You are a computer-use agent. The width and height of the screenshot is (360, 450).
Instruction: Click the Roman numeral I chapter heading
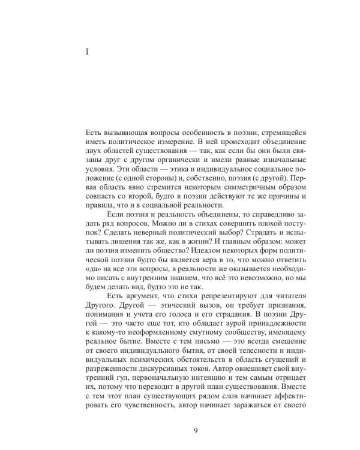[x=88, y=52]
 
